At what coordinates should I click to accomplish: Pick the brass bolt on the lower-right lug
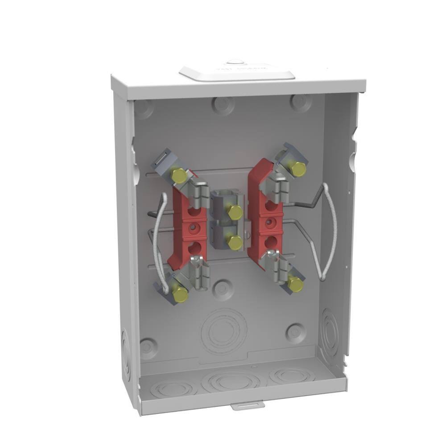tap(295, 283)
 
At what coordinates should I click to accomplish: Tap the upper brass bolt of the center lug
tap(235, 212)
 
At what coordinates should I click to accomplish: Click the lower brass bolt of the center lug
tap(235, 242)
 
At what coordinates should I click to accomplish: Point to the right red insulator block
tap(263, 210)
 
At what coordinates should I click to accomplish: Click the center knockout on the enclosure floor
tap(231, 382)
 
